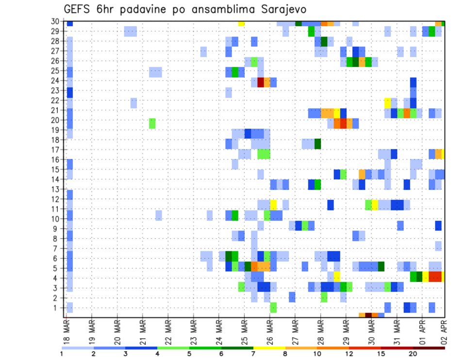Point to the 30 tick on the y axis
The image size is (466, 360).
[x=56, y=21]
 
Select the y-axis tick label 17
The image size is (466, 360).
[x=56, y=149]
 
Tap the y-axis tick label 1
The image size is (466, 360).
[x=58, y=307]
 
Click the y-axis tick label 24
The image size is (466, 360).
[x=56, y=81]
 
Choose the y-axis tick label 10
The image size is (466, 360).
[x=56, y=218]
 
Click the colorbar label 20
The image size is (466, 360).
[x=413, y=354]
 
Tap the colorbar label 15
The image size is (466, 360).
[x=381, y=354]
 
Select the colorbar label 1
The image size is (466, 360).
[x=62, y=354]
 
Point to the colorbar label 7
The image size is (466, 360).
[x=253, y=354]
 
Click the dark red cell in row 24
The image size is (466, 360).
[x=261, y=82]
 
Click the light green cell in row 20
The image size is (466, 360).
[x=152, y=123]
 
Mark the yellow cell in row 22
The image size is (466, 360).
[x=387, y=103]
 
